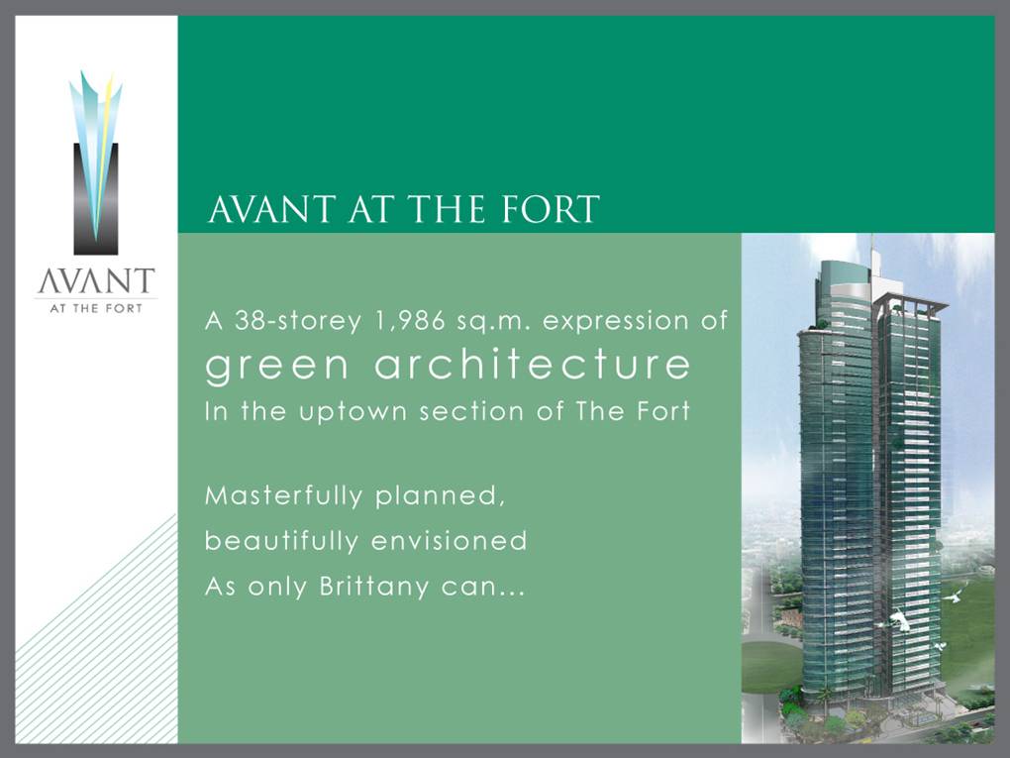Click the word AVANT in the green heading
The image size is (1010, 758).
[x=271, y=209]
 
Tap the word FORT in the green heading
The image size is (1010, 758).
[x=551, y=209]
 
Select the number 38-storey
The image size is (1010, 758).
[x=297, y=320]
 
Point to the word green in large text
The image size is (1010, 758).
[x=277, y=366]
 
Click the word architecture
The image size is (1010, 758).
[x=532, y=364]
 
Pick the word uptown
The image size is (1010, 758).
[x=353, y=412]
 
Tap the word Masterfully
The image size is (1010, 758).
[x=283, y=495]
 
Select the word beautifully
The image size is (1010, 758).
[x=281, y=540]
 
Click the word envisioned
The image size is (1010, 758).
[x=450, y=540]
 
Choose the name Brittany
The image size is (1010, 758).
[x=373, y=587]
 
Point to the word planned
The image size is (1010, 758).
[x=440, y=496]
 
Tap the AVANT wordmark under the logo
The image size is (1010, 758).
[x=96, y=281]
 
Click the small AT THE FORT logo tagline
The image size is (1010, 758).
[x=96, y=309]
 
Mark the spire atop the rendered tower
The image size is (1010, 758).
[x=871, y=248]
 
